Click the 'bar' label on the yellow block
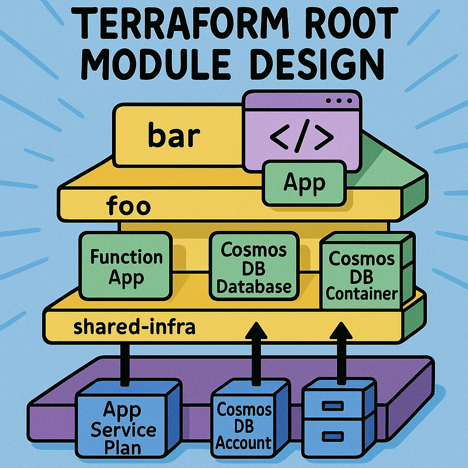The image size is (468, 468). click(175, 136)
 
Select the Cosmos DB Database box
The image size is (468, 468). click(254, 267)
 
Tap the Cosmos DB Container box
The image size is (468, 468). click(362, 276)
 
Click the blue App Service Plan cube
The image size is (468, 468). click(122, 427)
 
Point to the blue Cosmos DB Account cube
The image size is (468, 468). click(244, 425)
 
